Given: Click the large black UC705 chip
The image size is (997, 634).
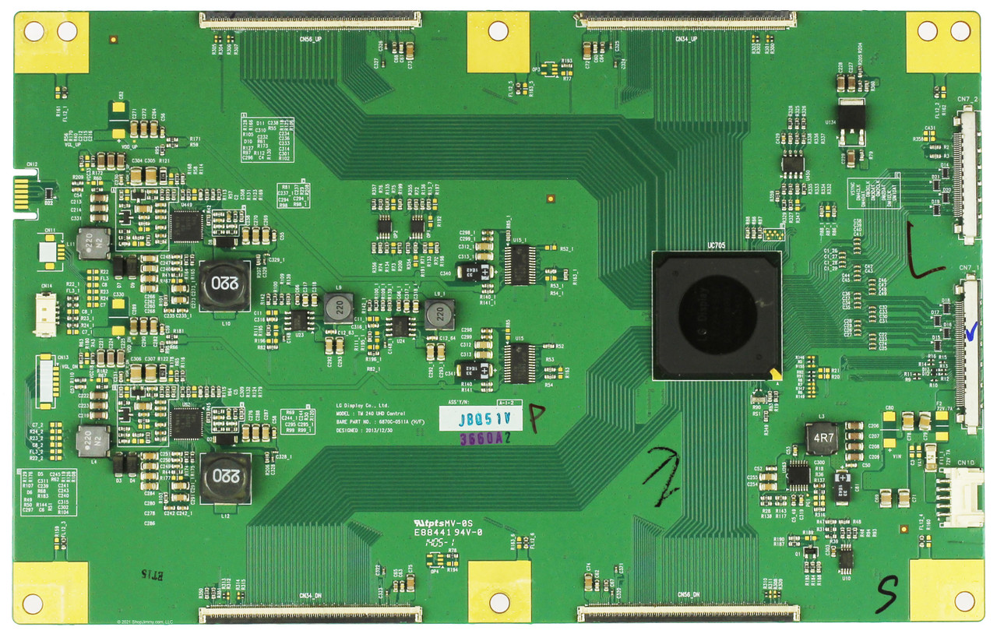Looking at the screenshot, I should point(716,315).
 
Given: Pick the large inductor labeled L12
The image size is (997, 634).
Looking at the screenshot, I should point(224,475).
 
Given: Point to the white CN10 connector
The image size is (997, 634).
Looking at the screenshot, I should point(949,495).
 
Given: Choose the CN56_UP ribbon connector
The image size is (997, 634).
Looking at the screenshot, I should point(310,20).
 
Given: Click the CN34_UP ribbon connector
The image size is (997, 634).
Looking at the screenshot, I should point(686,20).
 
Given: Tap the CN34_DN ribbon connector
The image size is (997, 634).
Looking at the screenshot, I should point(310,614).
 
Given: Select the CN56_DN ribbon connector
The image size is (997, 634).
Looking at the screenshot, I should point(686,614).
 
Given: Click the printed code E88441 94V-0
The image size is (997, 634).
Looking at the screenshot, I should point(449,533).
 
